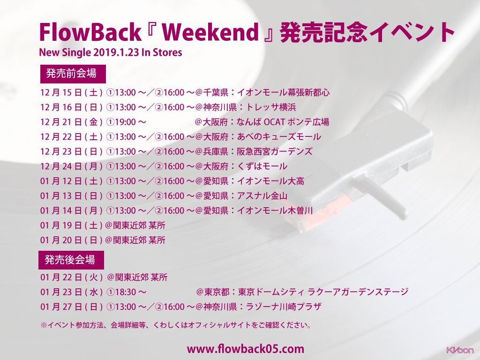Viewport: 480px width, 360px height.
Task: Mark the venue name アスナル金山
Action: point(265,196)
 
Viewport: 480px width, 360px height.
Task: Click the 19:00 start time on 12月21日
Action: point(122,122)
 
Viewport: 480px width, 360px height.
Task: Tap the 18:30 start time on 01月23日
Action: point(122,292)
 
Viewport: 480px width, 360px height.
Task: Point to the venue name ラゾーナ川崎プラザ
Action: point(282,307)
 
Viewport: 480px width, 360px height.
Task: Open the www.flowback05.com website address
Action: point(246,349)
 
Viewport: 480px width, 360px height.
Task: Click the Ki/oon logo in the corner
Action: point(460,350)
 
